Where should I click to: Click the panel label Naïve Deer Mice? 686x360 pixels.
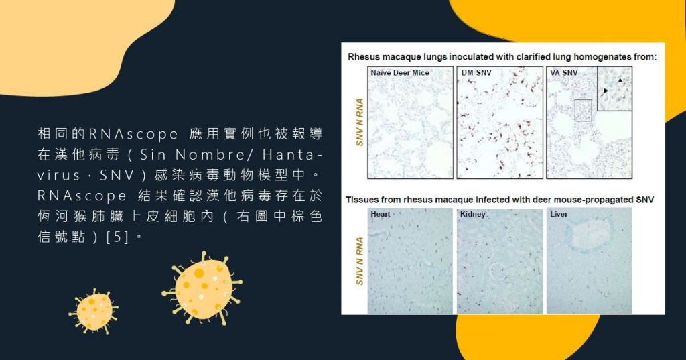point(399,72)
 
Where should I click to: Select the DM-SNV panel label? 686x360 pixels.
point(476,72)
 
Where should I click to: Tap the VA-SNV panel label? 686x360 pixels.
point(564,72)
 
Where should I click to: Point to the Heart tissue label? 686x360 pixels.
point(381,214)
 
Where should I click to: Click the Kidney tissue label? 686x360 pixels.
point(472,214)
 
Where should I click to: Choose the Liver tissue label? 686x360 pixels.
point(559,214)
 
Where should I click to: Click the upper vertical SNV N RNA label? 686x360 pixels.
point(360,122)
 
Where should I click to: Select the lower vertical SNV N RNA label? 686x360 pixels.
point(360,261)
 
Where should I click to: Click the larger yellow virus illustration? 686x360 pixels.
point(202,288)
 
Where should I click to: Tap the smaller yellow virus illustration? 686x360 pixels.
point(93,311)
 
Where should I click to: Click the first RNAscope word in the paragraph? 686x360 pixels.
point(133,134)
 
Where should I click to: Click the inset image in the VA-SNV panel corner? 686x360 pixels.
point(615,88)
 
